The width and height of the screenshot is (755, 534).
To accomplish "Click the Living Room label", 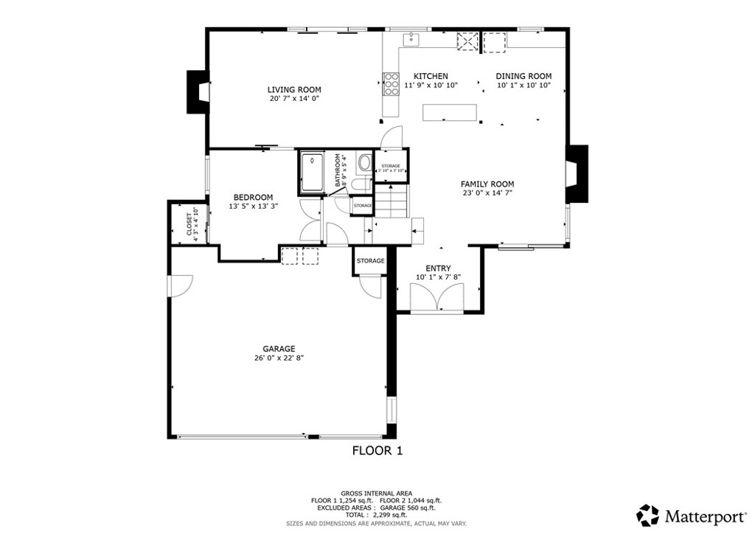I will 294,90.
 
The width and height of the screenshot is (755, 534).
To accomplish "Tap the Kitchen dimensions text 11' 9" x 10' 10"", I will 431,86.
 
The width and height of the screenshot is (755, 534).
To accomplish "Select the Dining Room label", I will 523,76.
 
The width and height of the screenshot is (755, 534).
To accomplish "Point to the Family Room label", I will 487,184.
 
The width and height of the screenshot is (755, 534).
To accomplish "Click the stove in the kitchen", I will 390,84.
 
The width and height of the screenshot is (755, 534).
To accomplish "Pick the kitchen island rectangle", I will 450,112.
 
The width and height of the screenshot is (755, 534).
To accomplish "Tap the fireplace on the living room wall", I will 196,91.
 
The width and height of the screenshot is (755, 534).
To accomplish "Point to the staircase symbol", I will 391,202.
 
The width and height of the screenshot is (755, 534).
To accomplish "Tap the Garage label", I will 279,349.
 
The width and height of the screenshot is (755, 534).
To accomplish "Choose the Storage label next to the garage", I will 370,261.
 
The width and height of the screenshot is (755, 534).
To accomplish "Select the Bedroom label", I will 253,197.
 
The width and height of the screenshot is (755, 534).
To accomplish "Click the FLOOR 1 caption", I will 377,450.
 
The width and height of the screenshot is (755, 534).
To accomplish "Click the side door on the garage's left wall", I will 179,285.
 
